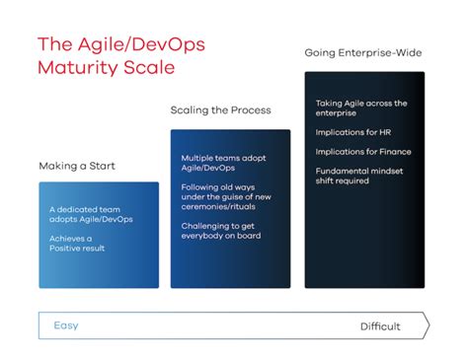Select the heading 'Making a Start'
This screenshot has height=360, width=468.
coord(76,166)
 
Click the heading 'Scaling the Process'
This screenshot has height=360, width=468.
coord(220,110)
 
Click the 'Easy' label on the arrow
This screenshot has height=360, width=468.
coord(65,325)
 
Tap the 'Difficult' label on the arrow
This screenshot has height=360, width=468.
coord(380,326)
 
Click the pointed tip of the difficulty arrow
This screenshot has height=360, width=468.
coord(428,325)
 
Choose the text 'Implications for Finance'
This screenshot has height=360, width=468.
coord(363,151)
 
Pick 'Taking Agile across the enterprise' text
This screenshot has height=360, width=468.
coord(361,108)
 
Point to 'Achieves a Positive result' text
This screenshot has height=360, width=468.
coord(77,242)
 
